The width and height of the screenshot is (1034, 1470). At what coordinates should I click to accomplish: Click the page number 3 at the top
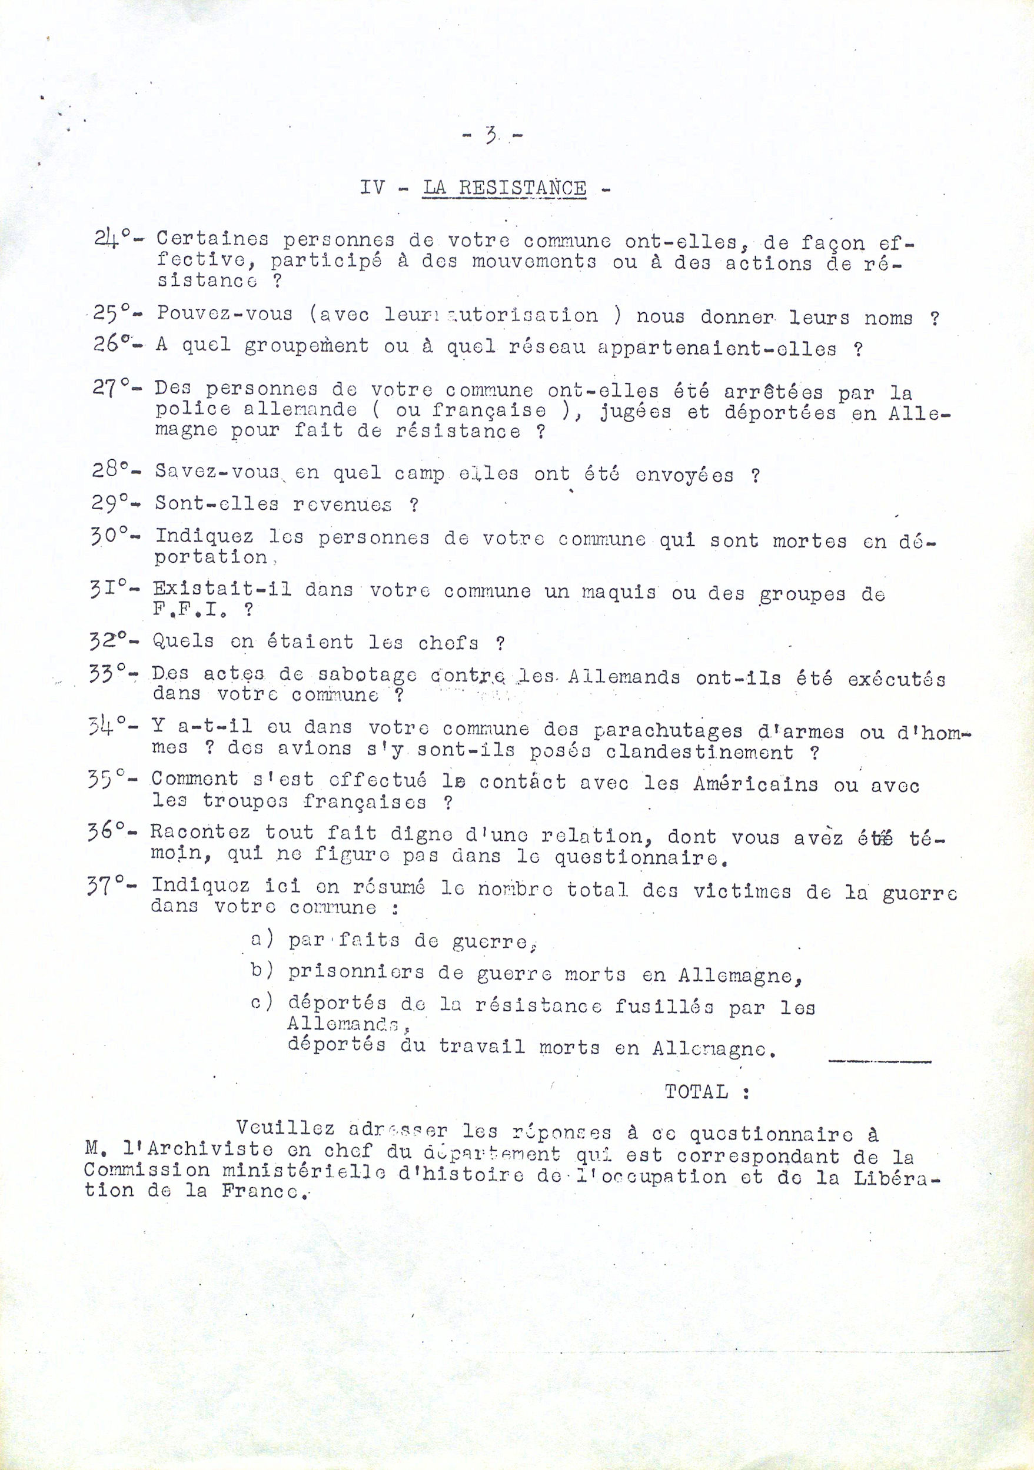click(492, 136)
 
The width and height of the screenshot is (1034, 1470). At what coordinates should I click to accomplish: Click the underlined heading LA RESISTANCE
click(504, 189)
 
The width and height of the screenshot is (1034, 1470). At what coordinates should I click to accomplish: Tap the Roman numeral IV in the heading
click(371, 188)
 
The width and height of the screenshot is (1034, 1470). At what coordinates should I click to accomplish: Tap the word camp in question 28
click(419, 474)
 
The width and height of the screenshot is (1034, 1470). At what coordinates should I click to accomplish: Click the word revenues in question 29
click(341, 504)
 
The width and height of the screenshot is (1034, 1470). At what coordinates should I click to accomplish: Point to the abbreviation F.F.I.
click(190, 610)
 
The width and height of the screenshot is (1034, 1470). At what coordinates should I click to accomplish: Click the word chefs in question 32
click(448, 642)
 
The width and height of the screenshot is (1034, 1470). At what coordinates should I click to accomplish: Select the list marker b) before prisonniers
click(262, 971)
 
